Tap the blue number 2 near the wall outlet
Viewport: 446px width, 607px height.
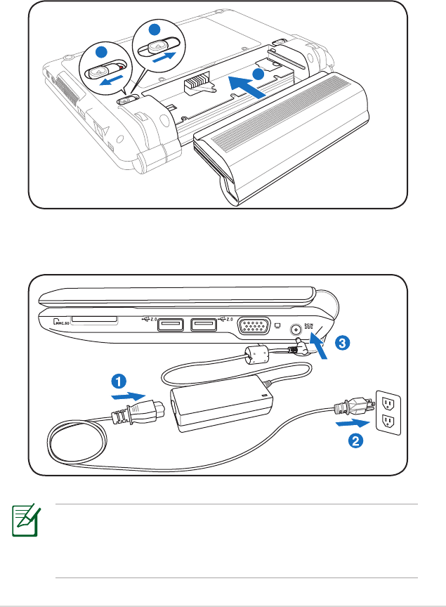(356, 441)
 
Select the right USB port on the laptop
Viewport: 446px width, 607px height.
(204, 325)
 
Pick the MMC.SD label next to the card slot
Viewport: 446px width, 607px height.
(64, 322)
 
